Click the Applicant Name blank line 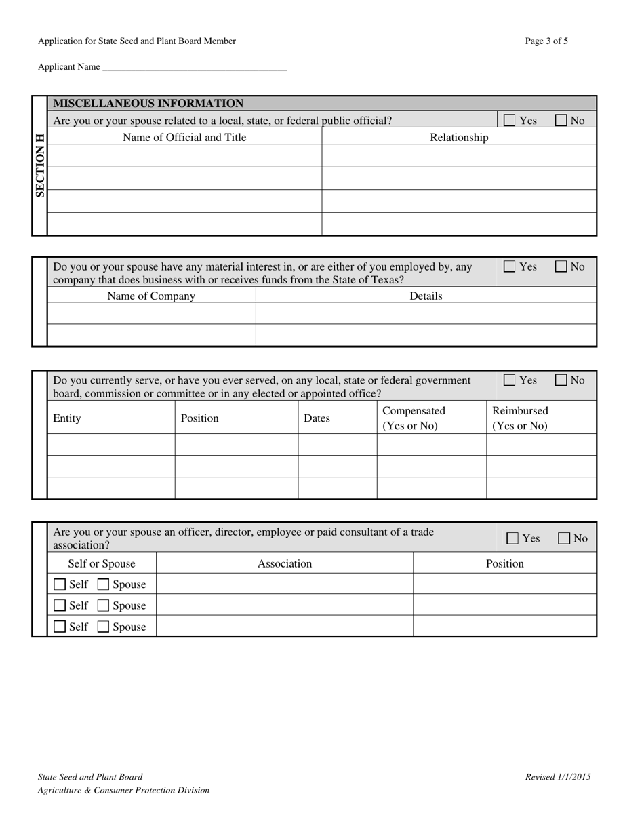(x=195, y=68)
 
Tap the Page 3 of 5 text (x=546, y=41)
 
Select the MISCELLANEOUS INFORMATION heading (x=148, y=104)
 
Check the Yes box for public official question (x=510, y=121)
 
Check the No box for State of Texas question (x=561, y=267)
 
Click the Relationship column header (x=459, y=138)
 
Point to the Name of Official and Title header (x=184, y=138)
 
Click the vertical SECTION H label (x=40, y=165)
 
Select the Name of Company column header (x=151, y=296)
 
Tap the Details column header (x=426, y=296)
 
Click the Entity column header (x=67, y=418)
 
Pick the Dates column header (x=317, y=418)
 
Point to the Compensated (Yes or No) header (x=414, y=418)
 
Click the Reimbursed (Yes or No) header (x=520, y=418)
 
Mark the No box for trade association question (x=564, y=538)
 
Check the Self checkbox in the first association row (x=60, y=584)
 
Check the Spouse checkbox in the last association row (x=103, y=627)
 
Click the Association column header (x=285, y=563)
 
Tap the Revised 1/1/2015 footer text (x=557, y=777)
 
